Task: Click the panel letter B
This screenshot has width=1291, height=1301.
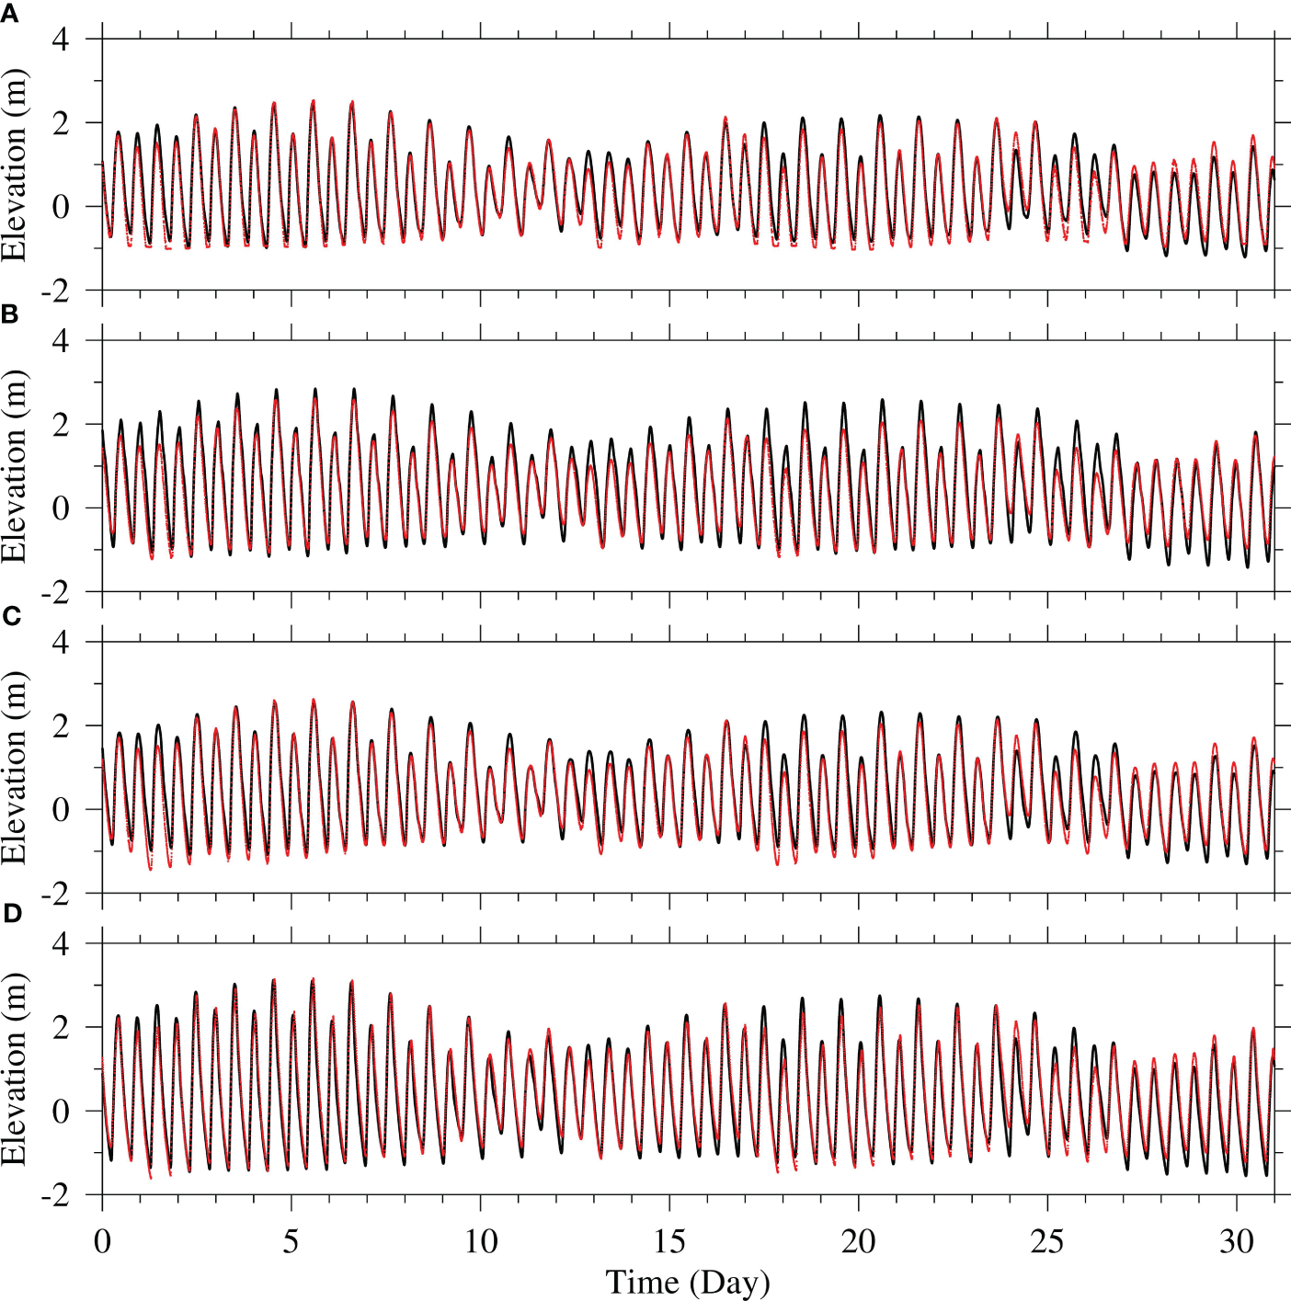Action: (10, 314)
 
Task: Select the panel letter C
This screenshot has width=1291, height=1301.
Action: (11, 615)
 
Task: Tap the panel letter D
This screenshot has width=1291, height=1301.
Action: (11, 914)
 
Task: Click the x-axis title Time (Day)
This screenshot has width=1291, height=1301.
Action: (687, 1282)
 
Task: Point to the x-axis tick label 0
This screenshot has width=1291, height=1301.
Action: (102, 1242)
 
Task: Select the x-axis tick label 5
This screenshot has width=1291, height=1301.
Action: (291, 1242)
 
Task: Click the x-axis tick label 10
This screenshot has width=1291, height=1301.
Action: (480, 1242)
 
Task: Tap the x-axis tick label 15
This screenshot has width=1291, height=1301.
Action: (669, 1242)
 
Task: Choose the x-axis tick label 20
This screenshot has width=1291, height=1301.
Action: (859, 1242)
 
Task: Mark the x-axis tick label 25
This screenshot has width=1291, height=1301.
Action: (1047, 1242)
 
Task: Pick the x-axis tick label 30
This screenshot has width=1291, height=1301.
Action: (1237, 1242)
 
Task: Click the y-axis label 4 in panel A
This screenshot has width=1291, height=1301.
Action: (61, 40)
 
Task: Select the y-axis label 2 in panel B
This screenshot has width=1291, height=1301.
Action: (61, 425)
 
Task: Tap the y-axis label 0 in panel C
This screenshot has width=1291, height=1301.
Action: (61, 810)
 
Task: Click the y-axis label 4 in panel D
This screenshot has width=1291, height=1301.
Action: (61, 943)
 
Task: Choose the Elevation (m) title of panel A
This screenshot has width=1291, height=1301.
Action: (15, 165)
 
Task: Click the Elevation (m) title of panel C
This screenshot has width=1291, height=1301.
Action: (15, 768)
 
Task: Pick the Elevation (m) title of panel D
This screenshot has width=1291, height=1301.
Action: (15, 1069)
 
